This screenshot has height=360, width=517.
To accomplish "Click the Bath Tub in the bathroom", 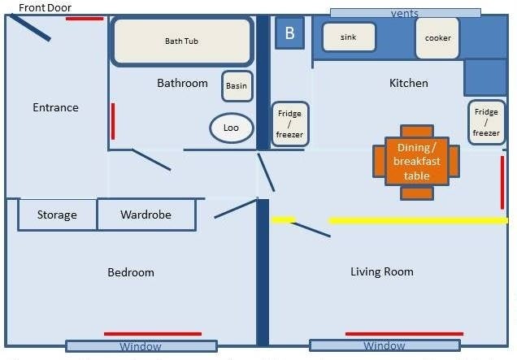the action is [x=182, y=41].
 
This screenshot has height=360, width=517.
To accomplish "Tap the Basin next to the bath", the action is [x=237, y=86].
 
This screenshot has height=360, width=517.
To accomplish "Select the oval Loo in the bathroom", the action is [x=232, y=128].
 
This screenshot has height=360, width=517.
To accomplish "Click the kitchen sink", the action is [x=349, y=37].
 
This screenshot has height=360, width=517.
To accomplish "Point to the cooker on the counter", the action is [x=437, y=38].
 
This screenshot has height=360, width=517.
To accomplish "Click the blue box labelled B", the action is [x=289, y=33].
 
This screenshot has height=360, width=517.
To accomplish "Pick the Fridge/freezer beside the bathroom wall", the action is [x=290, y=124].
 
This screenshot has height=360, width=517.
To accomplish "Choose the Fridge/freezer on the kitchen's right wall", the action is [x=486, y=123].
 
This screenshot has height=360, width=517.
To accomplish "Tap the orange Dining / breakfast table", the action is [x=416, y=162].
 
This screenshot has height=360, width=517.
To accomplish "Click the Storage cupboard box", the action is [x=58, y=215].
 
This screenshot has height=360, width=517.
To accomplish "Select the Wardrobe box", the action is [x=146, y=215].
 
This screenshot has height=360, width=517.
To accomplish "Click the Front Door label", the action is [x=46, y=7].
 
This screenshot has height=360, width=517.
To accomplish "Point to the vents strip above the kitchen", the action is [x=405, y=13].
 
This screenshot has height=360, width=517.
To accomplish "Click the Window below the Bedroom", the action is [x=141, y=346].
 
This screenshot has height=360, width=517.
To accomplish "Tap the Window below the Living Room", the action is [x=384, y=345].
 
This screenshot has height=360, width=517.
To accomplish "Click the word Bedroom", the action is [x=131, y=272].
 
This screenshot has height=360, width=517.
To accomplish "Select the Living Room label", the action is [x=382, y=271].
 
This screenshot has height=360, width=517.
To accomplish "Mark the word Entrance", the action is [x=56, y=107].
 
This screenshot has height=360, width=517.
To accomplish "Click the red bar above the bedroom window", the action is [x=153, y=334].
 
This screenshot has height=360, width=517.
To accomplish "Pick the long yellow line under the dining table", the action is [x=418, y=220].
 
